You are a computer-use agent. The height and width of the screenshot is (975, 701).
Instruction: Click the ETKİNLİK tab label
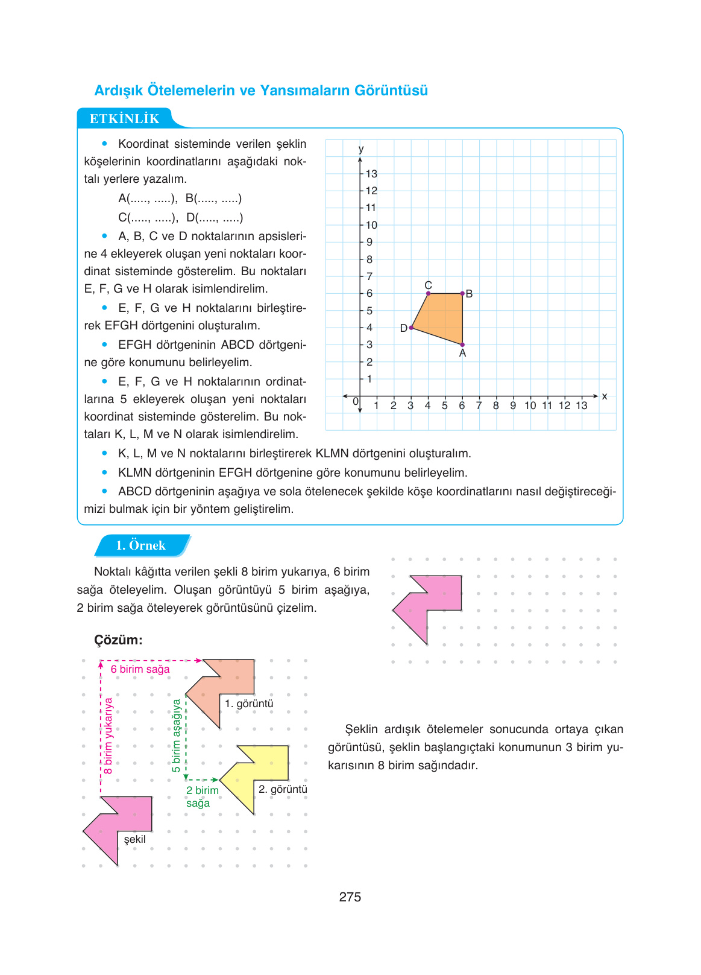pyautogui.click(x=124, y=119)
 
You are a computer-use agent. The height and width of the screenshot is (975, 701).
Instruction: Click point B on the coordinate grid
pyautogui.click(x=462, y=293)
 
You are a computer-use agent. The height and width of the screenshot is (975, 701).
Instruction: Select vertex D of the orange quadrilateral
pyautogui.click(x=411, y=328)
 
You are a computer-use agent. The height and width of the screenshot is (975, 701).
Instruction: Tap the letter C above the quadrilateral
pyautogui.click(x=428, y=285)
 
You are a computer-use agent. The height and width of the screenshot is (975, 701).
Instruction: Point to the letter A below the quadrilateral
pyautogui.click(x=462, y=354)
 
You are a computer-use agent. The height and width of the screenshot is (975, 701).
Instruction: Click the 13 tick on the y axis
pyautogui.click(x=371, y=174)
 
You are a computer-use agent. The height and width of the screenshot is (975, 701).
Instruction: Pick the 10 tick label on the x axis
pyautogui.click(x=530, y=405)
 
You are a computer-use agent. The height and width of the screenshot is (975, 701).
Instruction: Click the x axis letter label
pyautogui.click(x=605, y=396)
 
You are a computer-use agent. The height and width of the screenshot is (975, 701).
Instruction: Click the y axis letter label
pyautogui.click(x=360, y=149)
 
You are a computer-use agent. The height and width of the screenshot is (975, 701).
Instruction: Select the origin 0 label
pyautogui.click(x=356, y=401)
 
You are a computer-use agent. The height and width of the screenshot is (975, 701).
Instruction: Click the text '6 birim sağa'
pyautogui.click(x=140, y=669)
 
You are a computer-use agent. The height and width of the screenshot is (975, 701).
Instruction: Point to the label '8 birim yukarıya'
pyautogui.click(x=108, y=735)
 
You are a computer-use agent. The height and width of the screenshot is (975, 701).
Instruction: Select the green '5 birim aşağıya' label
pyautogui.click(x=176, y=735)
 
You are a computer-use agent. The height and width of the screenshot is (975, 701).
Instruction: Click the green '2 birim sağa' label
pyautogui.click(x=202, y=796)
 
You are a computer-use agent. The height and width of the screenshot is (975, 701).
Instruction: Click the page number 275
pyautogui.click(x=350, y=897)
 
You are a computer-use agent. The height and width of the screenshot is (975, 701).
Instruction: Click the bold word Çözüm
pyautogui.click(x=118, y=640)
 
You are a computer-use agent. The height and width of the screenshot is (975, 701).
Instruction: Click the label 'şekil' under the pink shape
pyautogui.click(x=134, y=839)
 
